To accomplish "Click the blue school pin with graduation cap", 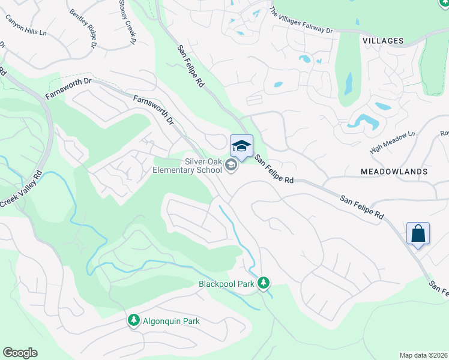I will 241,146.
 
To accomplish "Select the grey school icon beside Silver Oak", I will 232,168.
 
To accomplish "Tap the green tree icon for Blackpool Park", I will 263,283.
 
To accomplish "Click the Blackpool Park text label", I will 226,284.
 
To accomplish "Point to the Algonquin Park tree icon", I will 133,321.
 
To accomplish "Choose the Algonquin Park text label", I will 171,321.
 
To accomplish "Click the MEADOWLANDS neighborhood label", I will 394,172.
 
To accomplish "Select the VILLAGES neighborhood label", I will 382,40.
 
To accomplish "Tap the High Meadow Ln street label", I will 393,143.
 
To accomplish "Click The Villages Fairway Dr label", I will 301,20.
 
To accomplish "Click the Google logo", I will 20,353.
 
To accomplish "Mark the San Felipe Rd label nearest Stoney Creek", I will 191,67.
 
